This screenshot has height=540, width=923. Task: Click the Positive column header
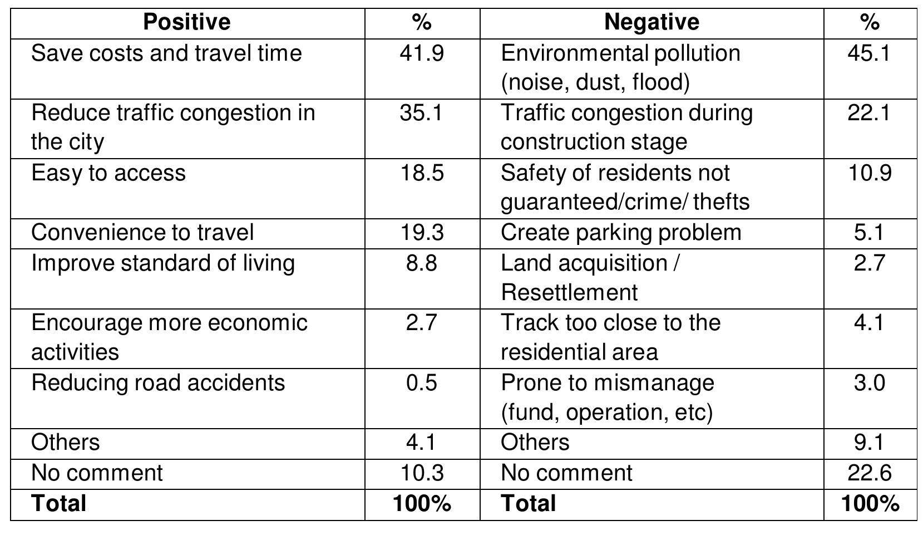[186, 22]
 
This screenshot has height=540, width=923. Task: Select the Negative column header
[651, 22]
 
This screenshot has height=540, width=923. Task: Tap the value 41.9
[422, 53]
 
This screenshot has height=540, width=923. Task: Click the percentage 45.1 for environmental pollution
[869, 53]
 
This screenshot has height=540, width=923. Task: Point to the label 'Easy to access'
[108, 173]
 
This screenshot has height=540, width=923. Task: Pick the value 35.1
[422, 113]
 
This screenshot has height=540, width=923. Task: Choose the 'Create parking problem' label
[621, 233]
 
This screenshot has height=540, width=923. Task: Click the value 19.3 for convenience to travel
[422, 233]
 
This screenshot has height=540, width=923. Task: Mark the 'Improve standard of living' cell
[163, 263]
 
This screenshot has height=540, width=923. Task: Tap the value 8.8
[422, 263]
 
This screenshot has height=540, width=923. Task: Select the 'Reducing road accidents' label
[158, 383]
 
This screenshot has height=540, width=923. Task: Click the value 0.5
[422, 383]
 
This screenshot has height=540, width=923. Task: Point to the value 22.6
[869, 473]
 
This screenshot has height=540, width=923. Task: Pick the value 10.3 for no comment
[422, 473]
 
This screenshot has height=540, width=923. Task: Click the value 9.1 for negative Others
[869, 443]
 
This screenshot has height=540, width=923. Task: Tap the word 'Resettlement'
[569, 292]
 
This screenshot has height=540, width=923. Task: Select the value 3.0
[869, 383]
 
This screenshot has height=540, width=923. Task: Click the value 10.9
[869, 173]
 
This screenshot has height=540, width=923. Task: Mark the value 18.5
[422, 173]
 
